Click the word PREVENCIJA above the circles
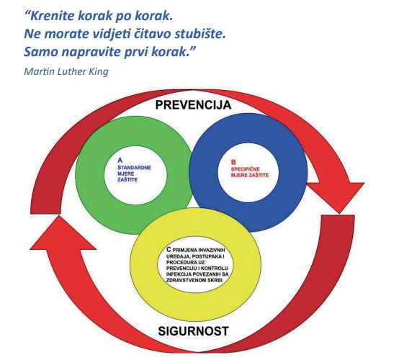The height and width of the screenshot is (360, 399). (193, 105)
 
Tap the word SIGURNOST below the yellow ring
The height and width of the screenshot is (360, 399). (194, 331)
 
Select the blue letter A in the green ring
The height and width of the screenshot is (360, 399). (120, 161)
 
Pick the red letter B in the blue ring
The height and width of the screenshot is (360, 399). (233, 162)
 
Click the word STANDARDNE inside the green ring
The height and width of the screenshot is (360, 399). (134, 168)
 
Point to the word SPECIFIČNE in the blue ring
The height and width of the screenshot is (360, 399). (246, 169)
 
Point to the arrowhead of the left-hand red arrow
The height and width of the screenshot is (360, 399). (60, 232)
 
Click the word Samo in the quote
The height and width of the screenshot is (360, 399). (41, 52)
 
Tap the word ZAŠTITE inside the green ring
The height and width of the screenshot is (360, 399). (127, 179)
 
